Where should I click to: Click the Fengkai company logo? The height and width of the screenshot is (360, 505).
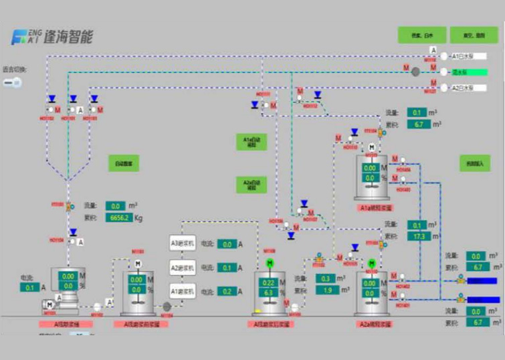[x=52, y=37]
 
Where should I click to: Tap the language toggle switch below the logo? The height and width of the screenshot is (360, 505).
[x=12, y=82]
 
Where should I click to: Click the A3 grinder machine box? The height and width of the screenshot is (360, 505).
[x=182, y=244]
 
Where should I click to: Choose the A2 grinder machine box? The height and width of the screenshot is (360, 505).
[x=182, y=268]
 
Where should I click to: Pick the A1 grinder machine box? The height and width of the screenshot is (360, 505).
[x=182, y=292]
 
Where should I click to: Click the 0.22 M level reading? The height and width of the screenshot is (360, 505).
[x=269, y=282]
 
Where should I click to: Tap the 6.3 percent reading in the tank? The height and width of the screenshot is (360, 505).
[x=269, y=292]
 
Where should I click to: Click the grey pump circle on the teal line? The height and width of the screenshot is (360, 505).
[x=415, y=71]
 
